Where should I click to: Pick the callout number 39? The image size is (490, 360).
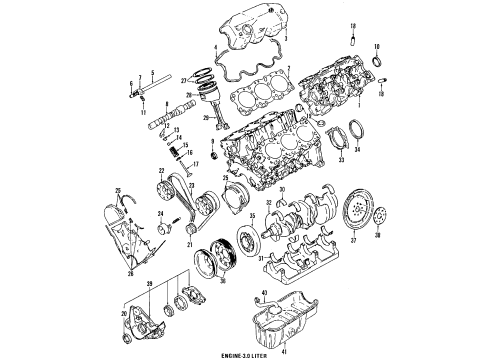(151, 287)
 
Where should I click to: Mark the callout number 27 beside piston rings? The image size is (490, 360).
(199, 80)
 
